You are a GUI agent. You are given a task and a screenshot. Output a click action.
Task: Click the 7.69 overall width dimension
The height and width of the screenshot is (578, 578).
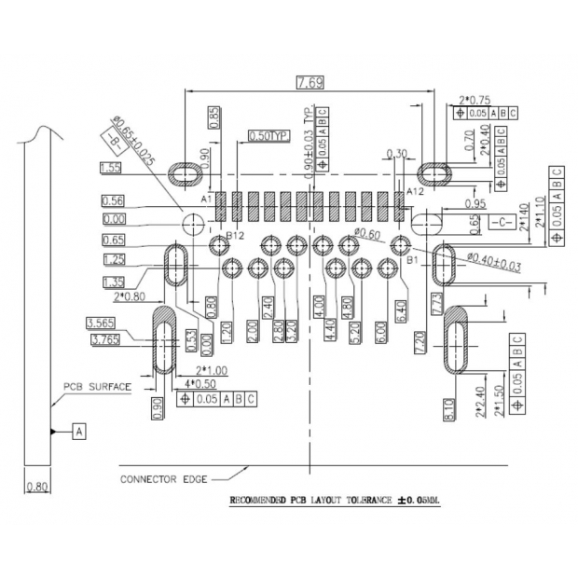coord(310,83)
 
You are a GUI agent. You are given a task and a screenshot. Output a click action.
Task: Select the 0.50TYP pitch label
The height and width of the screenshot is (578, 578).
coord(269,136)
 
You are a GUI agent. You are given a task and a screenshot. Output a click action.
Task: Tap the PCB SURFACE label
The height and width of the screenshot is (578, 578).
coord(97,385)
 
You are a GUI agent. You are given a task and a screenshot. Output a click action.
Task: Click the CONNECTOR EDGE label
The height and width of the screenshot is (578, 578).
coord(160,479)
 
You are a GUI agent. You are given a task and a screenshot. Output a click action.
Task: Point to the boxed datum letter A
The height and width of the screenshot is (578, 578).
coord(78,431)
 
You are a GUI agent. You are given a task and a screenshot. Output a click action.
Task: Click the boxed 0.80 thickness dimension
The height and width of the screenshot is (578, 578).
coord(37,486)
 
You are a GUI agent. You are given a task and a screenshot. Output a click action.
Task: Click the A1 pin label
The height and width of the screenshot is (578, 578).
coord(207,198)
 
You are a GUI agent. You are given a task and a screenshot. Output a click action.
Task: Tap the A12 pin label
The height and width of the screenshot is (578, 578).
coord(416,191)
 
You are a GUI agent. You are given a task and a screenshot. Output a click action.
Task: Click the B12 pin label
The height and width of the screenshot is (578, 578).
coord(236,237)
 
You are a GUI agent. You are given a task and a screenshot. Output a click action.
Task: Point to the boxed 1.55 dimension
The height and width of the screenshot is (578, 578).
coord(111,168)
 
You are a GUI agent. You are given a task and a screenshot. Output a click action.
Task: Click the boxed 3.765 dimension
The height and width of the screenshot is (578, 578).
coord(107,340)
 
